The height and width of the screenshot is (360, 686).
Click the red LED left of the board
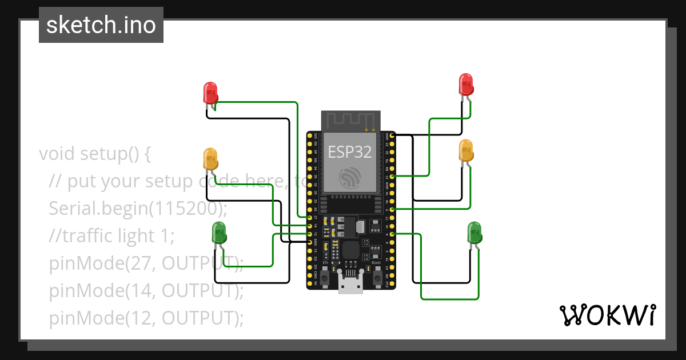point(210,93)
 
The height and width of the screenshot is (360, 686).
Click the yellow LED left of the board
point(210,158)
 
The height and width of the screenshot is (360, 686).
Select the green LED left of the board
point(220,232)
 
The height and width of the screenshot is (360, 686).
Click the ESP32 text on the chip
point(350,152)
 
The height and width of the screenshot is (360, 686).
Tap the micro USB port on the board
point(350,283)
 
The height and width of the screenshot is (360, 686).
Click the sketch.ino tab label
point(101,25)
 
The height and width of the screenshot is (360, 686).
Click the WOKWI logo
point(607,315)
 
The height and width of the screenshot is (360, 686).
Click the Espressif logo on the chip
point(350,177)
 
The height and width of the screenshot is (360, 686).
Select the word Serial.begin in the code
point(98,208)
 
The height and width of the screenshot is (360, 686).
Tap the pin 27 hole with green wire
point(310,218)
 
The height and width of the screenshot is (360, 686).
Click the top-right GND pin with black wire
point(392,135)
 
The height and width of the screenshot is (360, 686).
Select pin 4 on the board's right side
point(392,234)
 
